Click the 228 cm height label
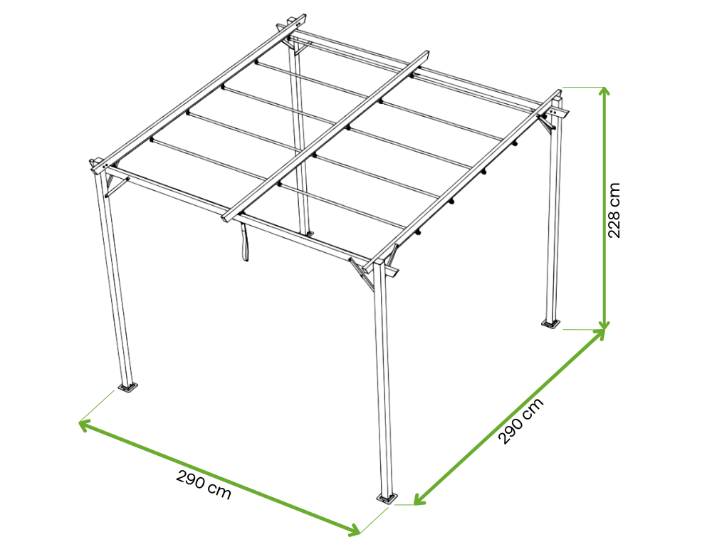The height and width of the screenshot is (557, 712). [614, 210]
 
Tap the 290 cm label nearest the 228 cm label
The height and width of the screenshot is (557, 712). [521, 421]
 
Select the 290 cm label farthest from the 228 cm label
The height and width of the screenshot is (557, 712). [204, 485]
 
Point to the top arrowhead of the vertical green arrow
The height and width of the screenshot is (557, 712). [604, 91]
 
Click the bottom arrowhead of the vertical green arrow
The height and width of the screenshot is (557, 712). [604, 324]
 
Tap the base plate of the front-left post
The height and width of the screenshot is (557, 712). [128, 387]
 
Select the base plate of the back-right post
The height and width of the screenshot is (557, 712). [551, 323]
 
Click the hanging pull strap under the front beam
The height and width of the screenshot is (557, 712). [244, 242]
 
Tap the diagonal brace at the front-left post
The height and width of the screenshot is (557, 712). [117, 187]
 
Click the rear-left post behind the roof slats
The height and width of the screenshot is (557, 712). [300, 136]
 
